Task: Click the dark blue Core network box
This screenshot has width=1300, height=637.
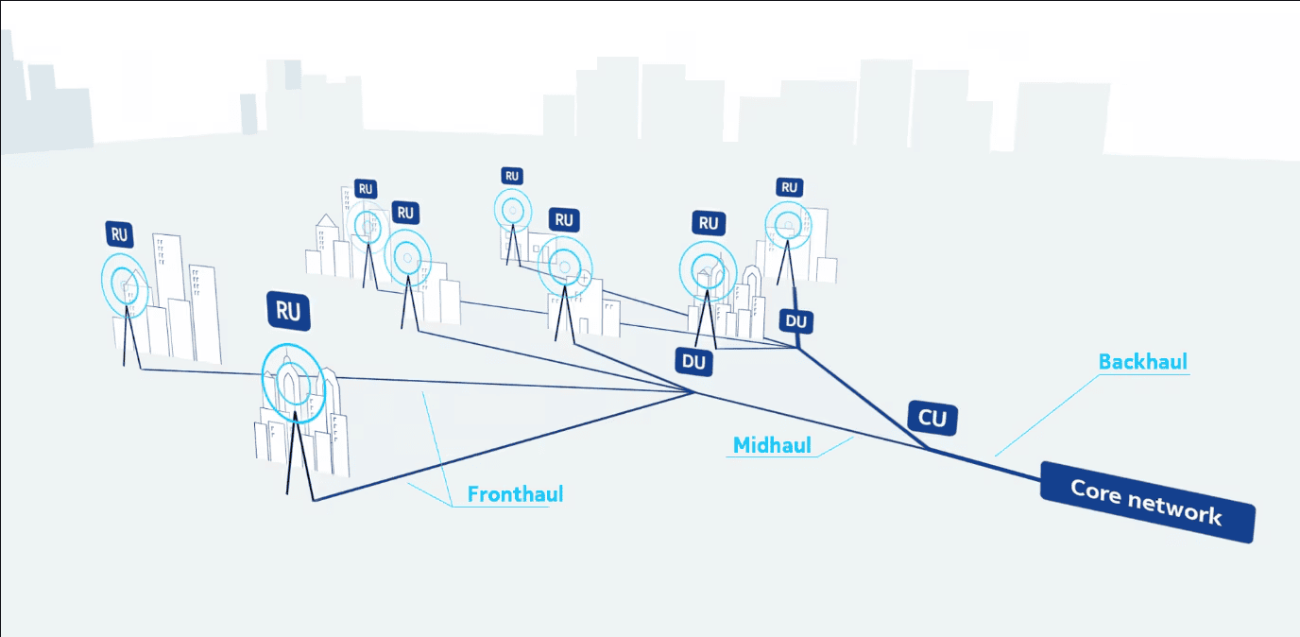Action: click(1148, 502)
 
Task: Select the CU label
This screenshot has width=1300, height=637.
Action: click(932, 418)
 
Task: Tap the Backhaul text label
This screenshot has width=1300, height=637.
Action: click(1143, 362)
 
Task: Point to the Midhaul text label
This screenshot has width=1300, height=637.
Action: click(772, 445)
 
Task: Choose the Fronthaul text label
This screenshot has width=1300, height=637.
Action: click(515, 494)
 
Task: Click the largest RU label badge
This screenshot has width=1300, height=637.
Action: click(288, 311)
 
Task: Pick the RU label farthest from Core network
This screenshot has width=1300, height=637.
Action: click(120, 234)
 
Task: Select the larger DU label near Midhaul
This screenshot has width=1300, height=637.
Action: click(693, 362)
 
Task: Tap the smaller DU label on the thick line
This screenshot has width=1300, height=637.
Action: click(796, 321)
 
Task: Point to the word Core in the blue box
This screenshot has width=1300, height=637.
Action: click(1096, 491)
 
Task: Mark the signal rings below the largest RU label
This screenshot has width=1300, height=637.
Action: click(294, 382)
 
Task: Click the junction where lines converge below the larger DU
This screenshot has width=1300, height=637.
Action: click(694, 392)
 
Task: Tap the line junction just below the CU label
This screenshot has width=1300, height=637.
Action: click(929, 449)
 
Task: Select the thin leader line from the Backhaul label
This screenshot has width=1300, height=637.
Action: click(1047, 415)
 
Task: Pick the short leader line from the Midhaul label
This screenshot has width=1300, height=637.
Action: click(835, 447)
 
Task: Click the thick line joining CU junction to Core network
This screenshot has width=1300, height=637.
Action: click(984, 465)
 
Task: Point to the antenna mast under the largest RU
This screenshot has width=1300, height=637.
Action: click(298, 456)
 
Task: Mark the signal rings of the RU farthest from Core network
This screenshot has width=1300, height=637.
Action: click(124, 285)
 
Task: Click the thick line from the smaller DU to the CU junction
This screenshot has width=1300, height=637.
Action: click(864, 398)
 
